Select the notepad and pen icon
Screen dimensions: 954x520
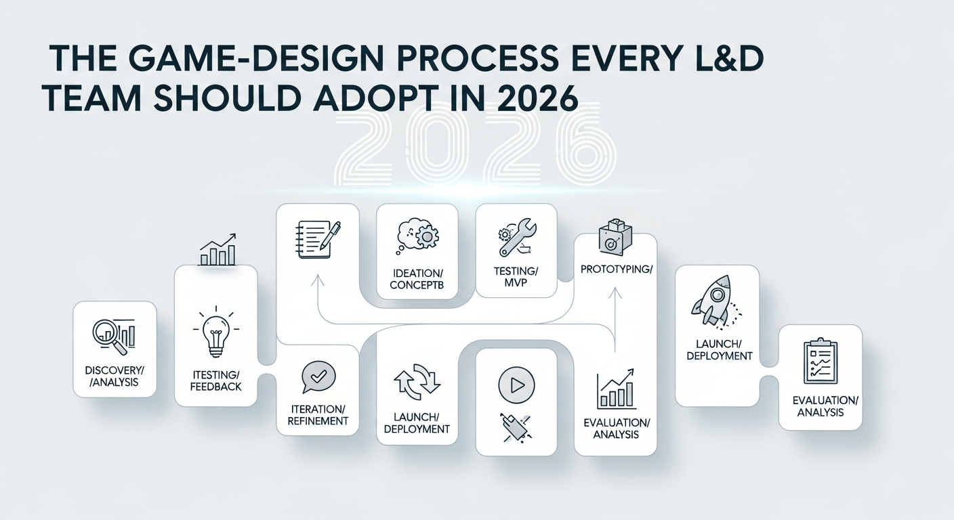tap(317, 239)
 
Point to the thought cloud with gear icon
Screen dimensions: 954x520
tap(417, 236)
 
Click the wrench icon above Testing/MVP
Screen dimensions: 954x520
tap(516, 236)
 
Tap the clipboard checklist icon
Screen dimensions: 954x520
tap(821, 362)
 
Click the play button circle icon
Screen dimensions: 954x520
tap(516, 385)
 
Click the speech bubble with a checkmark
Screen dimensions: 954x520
tap(318, 377)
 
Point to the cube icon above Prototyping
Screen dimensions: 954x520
tap(615, 238)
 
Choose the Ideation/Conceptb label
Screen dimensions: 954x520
tap(417, 279)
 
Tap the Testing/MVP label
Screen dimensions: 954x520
tap(516, 277)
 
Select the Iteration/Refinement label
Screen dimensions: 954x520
tap(318, 415)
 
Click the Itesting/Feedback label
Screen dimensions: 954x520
tap(216, 381)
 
